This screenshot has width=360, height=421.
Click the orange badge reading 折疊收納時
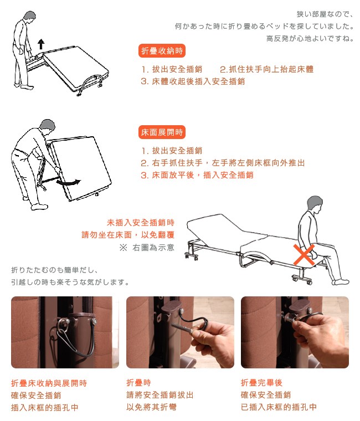pos(162,51)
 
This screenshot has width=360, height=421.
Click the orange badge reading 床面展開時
pos(162,132)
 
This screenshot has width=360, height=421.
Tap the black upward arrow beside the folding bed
pos(41,44)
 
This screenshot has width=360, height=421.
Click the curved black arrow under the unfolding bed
pos(69,182)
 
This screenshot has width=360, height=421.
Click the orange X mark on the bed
pos(304,254)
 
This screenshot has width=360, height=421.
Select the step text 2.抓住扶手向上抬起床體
pos(266,69)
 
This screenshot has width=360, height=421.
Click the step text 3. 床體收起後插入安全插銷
pos(193,81)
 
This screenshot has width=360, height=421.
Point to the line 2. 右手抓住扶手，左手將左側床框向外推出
pos(223,163)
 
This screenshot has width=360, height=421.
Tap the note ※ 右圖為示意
pos(147,248)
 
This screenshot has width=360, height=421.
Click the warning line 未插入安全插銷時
pos(141,223)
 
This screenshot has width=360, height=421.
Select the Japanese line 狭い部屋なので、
pos(325,14)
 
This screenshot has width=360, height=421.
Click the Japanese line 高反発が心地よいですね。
pos(310,39)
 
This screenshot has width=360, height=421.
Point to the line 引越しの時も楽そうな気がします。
pos(70,282)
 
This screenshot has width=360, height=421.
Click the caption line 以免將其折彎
pos(151,407)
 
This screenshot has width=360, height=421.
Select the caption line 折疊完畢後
pos(261,383)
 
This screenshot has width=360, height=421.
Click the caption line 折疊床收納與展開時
pos(49,383)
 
